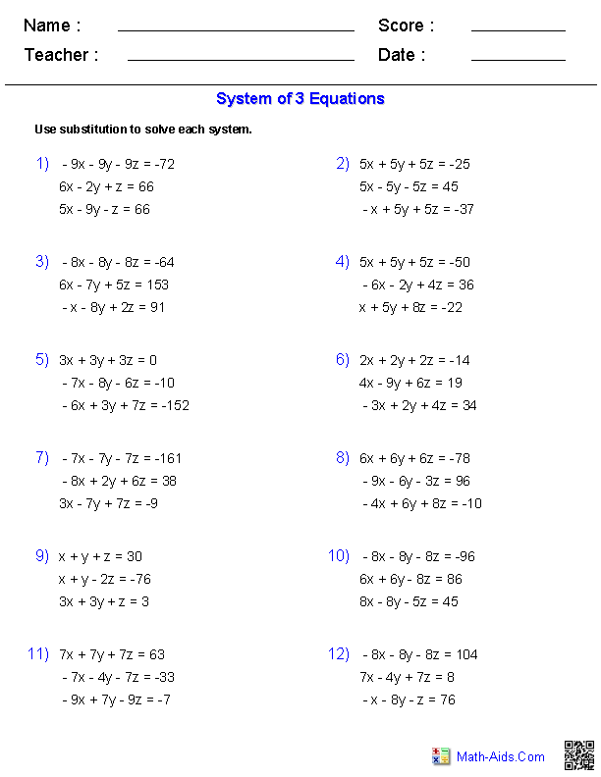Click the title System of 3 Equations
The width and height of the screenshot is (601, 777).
tap(300, 99)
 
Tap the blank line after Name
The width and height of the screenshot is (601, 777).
tap(236, 29)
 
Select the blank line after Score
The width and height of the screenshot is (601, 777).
tap(518, 29)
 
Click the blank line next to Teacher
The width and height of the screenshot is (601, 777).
tap(241, 59)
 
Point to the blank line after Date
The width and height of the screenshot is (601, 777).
tap(518, 59)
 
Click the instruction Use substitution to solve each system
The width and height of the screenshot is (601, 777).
tap(143, 129)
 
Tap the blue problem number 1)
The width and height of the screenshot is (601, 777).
tap(42, 164)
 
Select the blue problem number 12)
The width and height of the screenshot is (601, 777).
tap(338, 654)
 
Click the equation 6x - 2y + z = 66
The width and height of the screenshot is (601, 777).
tap(106, 186)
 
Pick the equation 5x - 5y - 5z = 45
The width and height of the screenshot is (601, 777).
tap(409, 186)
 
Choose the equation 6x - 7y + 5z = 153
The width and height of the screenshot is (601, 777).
tap(113, 285)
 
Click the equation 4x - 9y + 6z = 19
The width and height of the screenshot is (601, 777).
tap(410, 383)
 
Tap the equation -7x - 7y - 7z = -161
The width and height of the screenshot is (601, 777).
tap(122, 458)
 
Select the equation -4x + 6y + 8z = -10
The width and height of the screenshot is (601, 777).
tap(421, 503)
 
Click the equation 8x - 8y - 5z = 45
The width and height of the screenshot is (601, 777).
tap(409, 601)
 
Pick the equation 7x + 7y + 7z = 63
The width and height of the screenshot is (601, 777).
tap(112, 654)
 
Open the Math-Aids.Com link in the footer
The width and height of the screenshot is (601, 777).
tap(500, 756)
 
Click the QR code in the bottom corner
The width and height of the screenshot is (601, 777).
tap(578, 755)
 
